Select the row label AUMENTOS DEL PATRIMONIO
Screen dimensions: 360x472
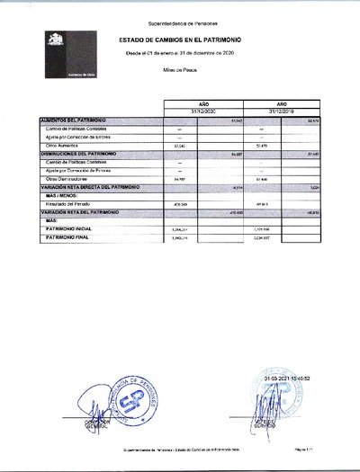76,120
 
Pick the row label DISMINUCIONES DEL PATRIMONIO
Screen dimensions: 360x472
81,154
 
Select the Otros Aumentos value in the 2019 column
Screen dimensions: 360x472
262,145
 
